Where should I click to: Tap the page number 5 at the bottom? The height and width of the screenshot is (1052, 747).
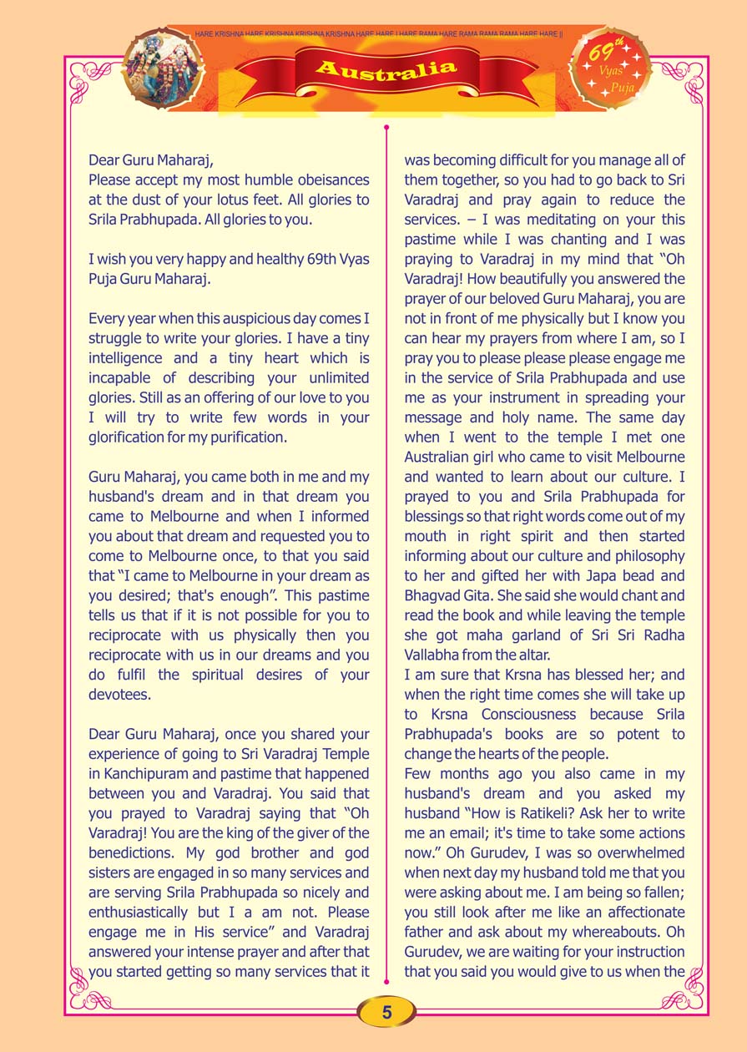[x=386, y=1013]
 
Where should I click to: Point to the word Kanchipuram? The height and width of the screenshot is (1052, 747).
[x=156, y=774]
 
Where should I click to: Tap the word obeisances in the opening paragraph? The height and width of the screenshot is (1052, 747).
[x=322, y=180]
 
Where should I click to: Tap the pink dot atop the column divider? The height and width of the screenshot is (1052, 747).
[x=386, y=128]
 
